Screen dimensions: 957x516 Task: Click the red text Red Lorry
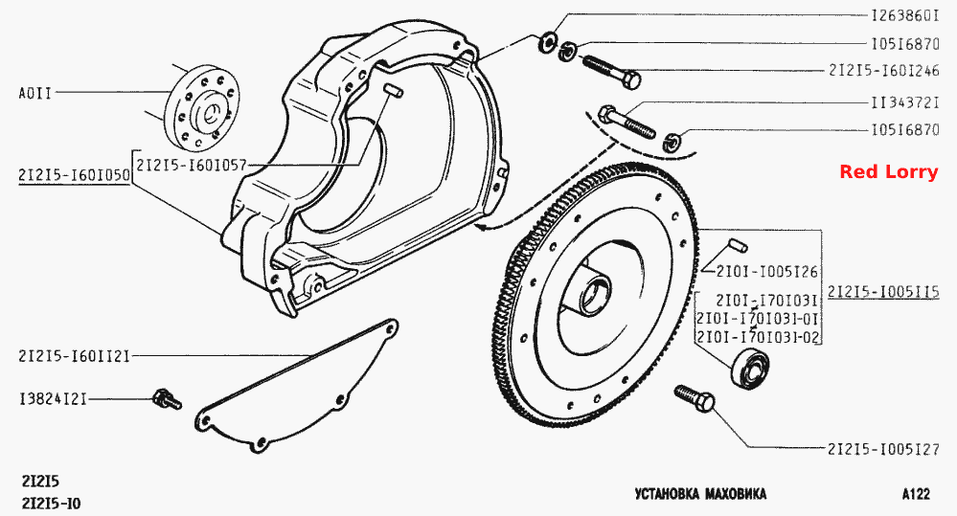pos(888,172)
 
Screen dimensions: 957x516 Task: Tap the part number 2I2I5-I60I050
pos(74,175)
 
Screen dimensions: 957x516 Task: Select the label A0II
pos(35,93)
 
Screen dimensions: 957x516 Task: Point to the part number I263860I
pos(904,16)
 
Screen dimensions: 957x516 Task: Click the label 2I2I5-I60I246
pos(884,70)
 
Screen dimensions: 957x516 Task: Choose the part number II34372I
pos(904,102)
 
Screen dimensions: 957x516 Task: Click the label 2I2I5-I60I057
pos(191,165)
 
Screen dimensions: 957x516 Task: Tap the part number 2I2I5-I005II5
pos(883,292)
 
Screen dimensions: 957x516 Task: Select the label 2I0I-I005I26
pos(766,272)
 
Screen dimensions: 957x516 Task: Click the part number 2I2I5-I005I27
pos(883,450)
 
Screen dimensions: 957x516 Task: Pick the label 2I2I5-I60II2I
pos(74,355)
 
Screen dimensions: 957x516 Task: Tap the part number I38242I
pos(53,399)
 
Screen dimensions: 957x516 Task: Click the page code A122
pos(916,493)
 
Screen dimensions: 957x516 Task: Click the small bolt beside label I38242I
pos(167,399)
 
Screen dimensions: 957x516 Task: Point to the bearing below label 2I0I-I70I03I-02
pos(749,368)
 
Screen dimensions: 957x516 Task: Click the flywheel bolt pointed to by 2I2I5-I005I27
pos(695,397)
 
